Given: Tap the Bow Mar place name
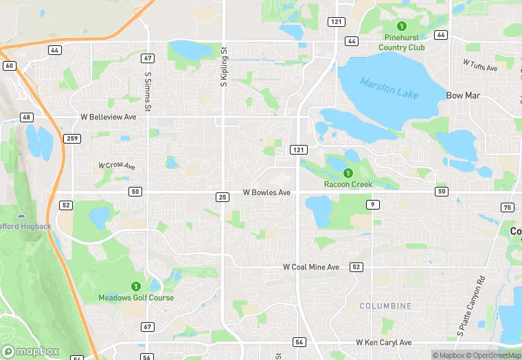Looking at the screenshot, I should pyautogui.click(x=463, y=95).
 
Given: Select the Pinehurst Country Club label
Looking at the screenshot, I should pyautogui.click(x=405, y=43).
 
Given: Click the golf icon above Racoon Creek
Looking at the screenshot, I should pyautogui.click(x=348, y=172).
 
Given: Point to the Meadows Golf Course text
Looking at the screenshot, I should pyautogui.click(x=136, y=298).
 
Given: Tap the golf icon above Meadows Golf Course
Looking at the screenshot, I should pyautogui.click(x=136, y=286).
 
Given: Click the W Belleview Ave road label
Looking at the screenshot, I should pyautogui.click(x=109, y=117).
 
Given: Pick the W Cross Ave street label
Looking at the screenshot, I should pyautogui.click(x=116, y=166).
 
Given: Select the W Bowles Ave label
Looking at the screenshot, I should pyautogui.click(x=266, y=193).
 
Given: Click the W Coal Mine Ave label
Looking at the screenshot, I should pyautogui.click(x=311, y=267).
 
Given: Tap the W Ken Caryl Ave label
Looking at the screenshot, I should pyautogui.click(x=383, y=342).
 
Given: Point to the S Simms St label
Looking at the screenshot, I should pyautogui.click(x=148, y=91).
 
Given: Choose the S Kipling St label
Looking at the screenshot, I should pyautogui.click(x=223, y=66).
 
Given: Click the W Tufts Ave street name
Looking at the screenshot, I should pyautogui.click(x=479, y=65).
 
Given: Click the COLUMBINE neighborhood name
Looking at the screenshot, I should pyautogui.click(x=385, y=306).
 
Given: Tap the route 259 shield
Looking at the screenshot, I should pyautogui.click(x=73, y=139).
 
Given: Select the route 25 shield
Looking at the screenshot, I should pyautogui.click(x=222, y=197).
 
